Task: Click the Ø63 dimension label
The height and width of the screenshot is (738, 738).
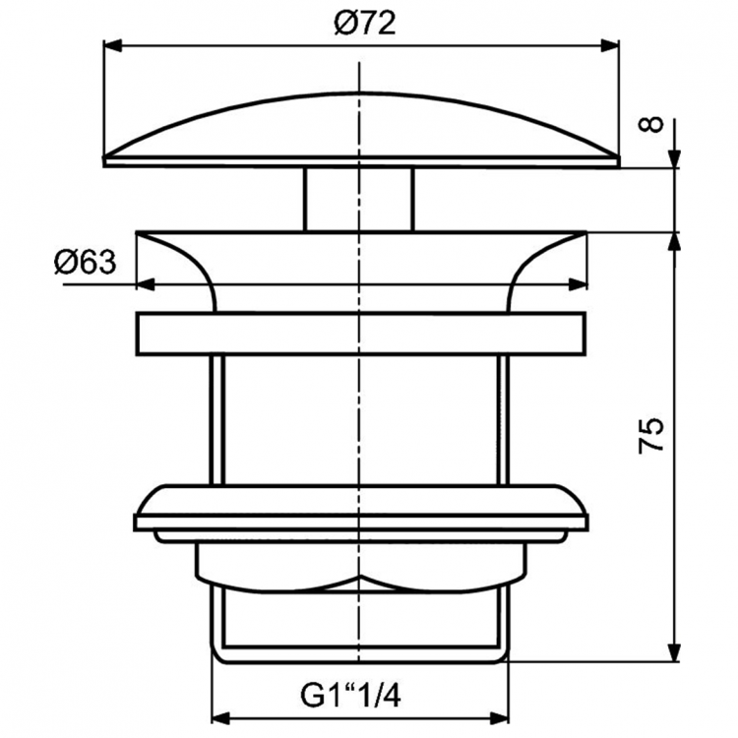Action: [85, 263]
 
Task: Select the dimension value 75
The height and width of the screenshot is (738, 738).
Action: [651, 435]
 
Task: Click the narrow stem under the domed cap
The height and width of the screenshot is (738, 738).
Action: [360, 199]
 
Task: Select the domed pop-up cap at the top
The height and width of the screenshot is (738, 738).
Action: [362, 128]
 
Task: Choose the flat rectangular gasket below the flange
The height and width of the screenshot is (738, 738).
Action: [362, 335]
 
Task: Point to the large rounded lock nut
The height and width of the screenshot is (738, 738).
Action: [362, 510]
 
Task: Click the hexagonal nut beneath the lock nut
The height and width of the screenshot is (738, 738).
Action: [362, 564]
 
